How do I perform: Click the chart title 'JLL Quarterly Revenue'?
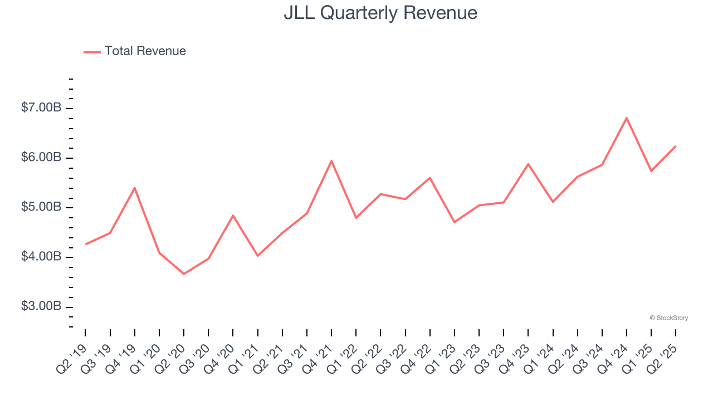pos(380,13)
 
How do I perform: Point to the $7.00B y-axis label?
pos(41,108)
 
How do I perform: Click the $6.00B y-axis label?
pos(41,158)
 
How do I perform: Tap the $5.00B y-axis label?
pos(41,208)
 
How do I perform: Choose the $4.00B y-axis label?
pos(41,257)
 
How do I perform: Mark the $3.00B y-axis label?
pos(41,307)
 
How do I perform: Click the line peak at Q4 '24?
pos(627,118)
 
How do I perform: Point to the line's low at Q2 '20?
pos(184,274)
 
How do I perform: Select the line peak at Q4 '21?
pos(331,161)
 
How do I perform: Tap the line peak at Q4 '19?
pos(135,188)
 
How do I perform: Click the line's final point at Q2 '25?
pos(676,146)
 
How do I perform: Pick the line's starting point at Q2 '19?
pos(86,244)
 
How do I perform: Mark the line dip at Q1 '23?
pos(455,222)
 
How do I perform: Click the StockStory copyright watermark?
pos(668,318)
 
